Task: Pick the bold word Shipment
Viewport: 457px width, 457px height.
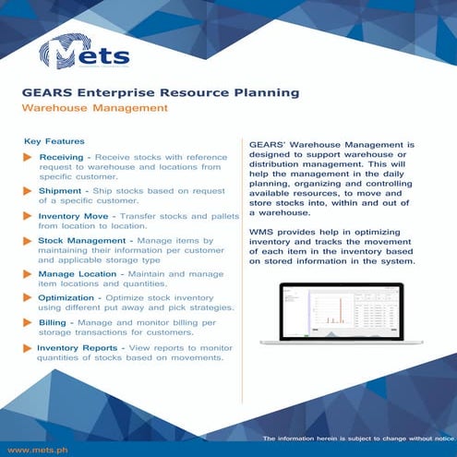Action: [x=61, y=190]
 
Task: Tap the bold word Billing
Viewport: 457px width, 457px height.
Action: [x=52, y=323]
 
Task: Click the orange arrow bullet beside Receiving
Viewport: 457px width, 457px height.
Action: [x=28, y=159]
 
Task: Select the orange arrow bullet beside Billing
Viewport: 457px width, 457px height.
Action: [x=28, y=323]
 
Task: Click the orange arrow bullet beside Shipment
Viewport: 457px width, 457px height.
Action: [x=28, y=190]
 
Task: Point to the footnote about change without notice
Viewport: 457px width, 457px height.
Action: [x=357, y=437]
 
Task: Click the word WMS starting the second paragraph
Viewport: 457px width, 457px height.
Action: [x=262, y=228]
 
